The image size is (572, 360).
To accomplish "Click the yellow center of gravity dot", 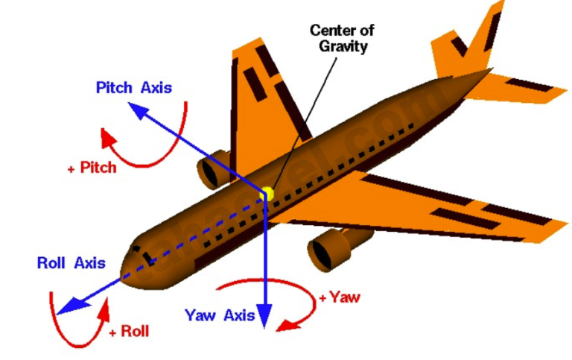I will [x=266, y=195].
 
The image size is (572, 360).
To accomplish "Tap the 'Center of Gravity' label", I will [x=342, y=38].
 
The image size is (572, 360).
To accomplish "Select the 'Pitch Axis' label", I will [x=134, y=88].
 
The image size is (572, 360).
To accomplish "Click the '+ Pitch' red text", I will [x=92, y=168].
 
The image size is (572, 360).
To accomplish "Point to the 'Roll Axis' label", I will [x=71, y=263].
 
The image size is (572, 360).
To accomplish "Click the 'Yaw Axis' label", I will [x=220, y=315].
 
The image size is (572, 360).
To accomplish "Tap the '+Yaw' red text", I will [x=340, y=297].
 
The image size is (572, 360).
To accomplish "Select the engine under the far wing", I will [x=214, y=169].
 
